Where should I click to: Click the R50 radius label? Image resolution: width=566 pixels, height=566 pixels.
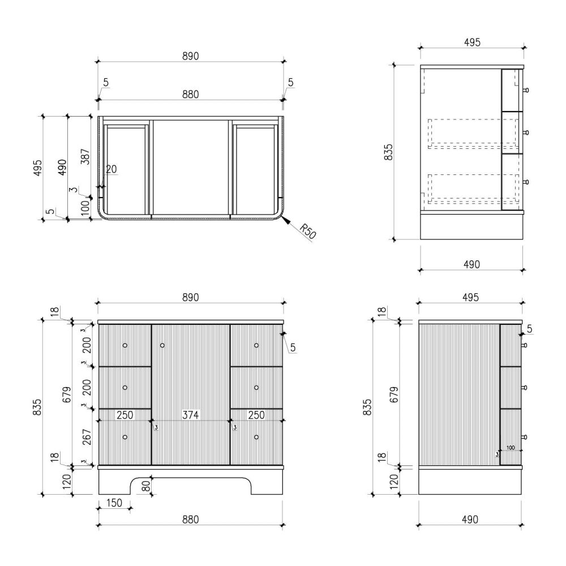pyautogui.click(x=308, y=231)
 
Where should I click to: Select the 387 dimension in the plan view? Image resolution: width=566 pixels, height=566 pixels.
pyautogui.click(x=85, y=157)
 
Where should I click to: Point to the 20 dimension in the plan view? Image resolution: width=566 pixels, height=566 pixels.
pyautogui.click(x=111, y=169)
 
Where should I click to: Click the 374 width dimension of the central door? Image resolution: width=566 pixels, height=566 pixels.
pyautogui.click(x=190, y=415)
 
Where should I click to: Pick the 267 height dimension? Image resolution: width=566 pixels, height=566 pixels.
pyautogui.click(x=87, y=437)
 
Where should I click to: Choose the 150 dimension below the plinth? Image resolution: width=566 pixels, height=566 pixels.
pyautogui.click(x=114, y=503)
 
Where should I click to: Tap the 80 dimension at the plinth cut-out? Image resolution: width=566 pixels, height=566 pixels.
pyautogui.click(x=145, y=486)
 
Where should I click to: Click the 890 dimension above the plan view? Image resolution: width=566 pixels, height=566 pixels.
pyautogui.click(x=190, y=56)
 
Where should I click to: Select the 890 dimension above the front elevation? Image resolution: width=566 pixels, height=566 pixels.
pyautogui.click(x=190, y=297)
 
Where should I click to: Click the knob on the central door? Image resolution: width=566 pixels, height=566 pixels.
pyautogui.click(x=162, y=345)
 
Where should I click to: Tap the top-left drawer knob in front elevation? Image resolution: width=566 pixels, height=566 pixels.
pyautogui.click(x=125, y=345)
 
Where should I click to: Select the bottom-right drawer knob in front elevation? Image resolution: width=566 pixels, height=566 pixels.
pyautogui.click(x=256, y=437)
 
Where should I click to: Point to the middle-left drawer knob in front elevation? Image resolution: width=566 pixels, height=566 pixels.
pyautogui.click(x=125, y=388)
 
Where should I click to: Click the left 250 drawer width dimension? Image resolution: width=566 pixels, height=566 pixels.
pyautogui.click(x=125, y=415)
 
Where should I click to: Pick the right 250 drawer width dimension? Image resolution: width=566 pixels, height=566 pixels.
pyautogui.click(x=256, y=415)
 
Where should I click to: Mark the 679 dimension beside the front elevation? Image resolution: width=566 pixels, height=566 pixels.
pyautogui.click(x=67, y=395)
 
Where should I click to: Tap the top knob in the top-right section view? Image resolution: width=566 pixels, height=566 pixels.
pyautogui.click(x=526, y=90)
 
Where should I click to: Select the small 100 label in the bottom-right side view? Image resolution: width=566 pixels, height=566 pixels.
pyautogui.click(x=511, y=448)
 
